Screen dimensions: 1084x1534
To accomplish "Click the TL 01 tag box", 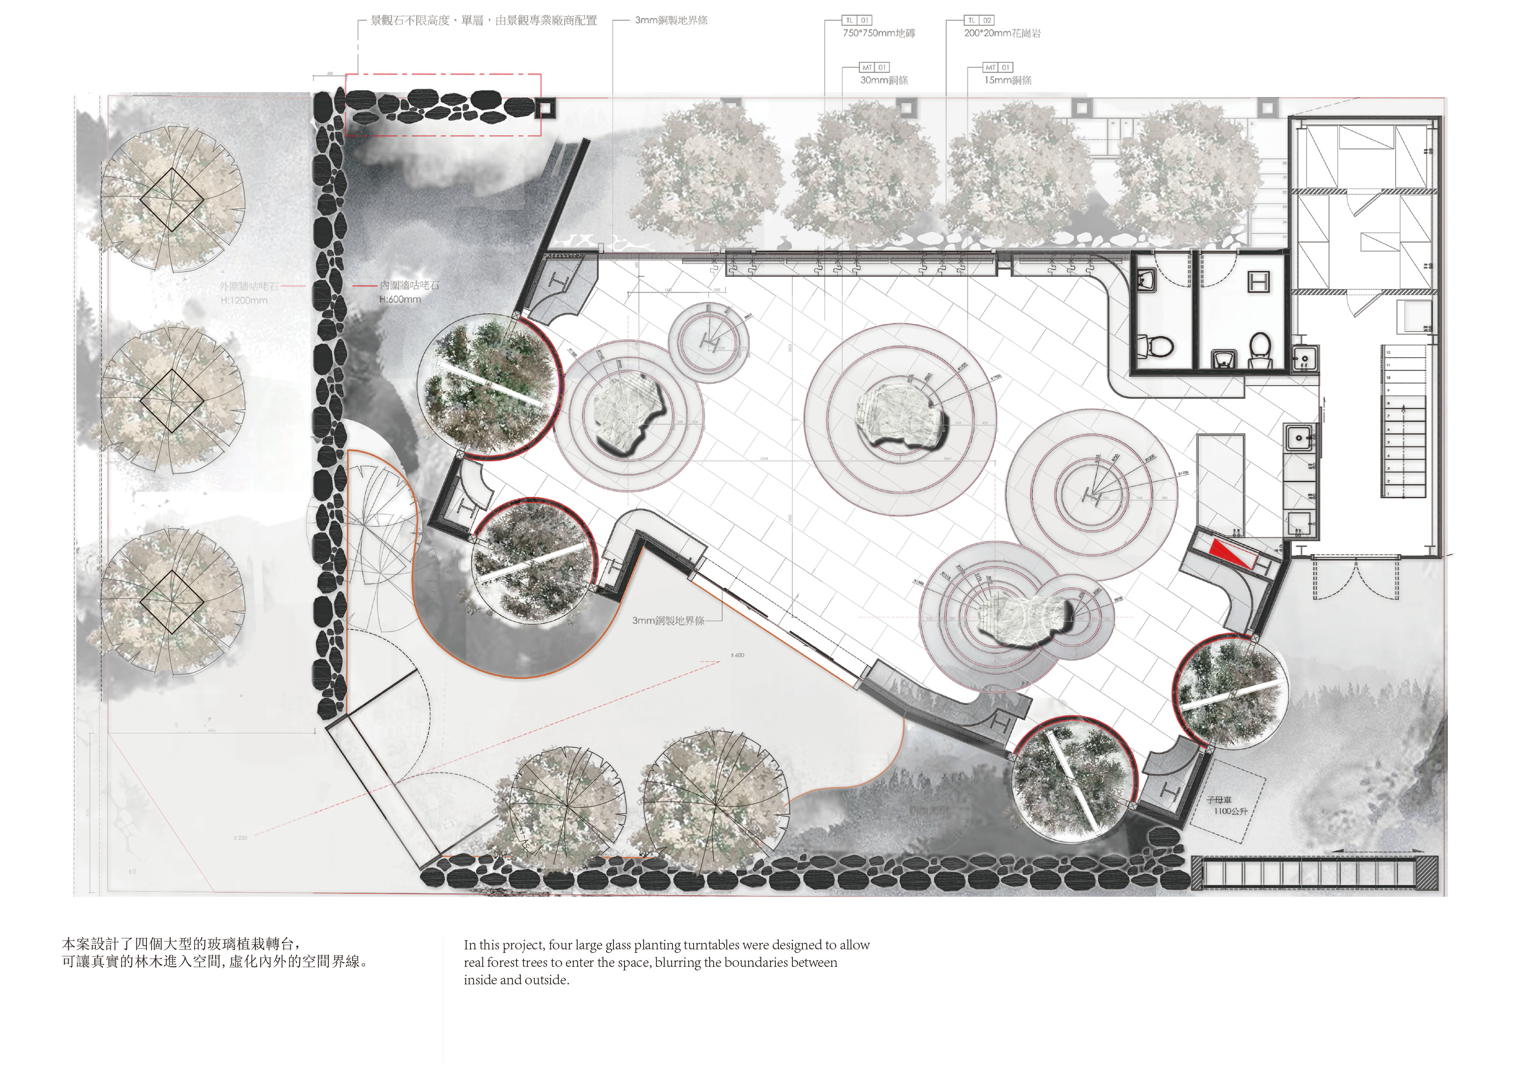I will click(857, 21).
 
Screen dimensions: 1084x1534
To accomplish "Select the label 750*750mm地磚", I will click(879, 33).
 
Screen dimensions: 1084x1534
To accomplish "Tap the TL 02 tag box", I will click(980, 21).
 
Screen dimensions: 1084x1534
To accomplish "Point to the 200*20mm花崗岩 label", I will click(1002, 33).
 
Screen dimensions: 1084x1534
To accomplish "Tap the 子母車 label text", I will click(1219, 799).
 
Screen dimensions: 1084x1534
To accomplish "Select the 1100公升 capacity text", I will click(1231, 812).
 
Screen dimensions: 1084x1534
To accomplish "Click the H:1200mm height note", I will click(244, 301).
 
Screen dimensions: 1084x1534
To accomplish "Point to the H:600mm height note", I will click(400, 299).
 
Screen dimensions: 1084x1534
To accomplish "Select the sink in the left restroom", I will click(1147, 281).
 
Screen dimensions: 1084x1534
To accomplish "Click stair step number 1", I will click(1389, 493).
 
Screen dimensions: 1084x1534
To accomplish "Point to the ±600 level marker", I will click(737, 655).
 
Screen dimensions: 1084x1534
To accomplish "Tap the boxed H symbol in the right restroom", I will click(1259, 282).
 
